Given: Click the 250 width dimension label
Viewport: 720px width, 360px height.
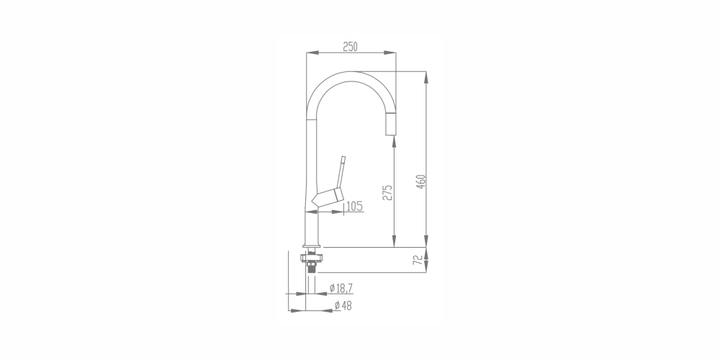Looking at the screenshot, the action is coord(351,46).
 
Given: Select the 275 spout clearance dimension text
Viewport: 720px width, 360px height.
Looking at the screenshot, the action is coord(388,192).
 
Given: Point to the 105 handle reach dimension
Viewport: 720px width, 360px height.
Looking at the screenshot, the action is coord(354,206).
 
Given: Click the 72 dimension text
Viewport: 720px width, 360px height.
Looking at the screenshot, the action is coord(418,260).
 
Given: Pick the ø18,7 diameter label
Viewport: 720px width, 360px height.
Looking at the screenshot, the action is coord(341,289).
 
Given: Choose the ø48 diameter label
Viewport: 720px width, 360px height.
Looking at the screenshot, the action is coord(343,305).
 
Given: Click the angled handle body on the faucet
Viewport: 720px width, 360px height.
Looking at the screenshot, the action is coord(328,197).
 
